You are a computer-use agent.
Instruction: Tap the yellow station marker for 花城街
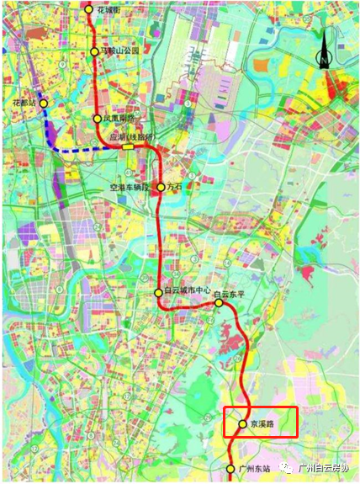[90, 9]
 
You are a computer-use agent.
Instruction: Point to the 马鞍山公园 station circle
[94, 52]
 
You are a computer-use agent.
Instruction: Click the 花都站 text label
[24, 103]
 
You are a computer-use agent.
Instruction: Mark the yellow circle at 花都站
[44, 103]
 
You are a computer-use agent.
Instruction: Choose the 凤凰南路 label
[119, 120]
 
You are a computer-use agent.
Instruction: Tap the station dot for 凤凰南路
[98, 120]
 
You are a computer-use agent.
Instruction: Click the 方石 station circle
[161, 187]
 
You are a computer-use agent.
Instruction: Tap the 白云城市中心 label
[186, 292]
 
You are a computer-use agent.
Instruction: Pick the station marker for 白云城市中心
[158, 292]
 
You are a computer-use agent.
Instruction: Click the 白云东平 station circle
[218, 302]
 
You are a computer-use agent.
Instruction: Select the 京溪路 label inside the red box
[262, 425]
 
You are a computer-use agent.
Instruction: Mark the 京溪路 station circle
[242, 424]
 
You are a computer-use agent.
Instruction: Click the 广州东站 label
[254, 469]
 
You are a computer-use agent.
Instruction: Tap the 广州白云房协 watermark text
[324, 469]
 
